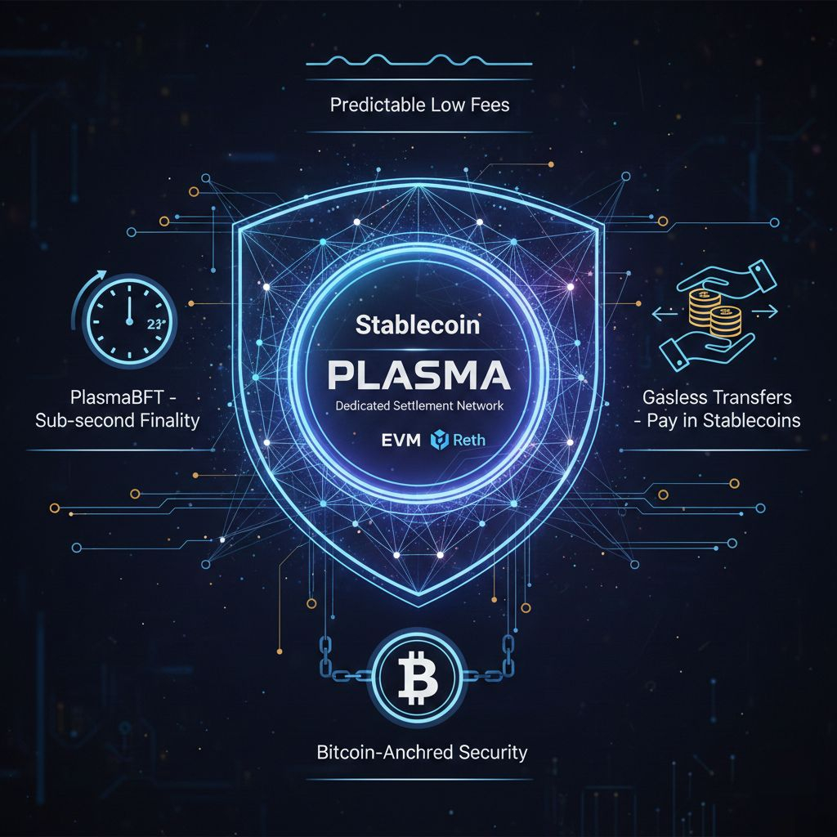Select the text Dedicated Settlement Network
tap(418, 405)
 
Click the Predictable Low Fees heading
tap(419, 105)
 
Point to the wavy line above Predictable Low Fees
tap(418, 60)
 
